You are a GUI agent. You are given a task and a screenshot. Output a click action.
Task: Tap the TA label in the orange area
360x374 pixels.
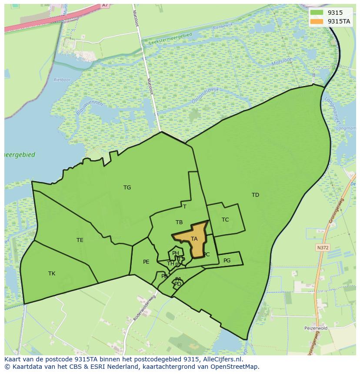coord(194,239)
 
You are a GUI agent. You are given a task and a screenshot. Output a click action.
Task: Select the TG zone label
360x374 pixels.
coord(127,188)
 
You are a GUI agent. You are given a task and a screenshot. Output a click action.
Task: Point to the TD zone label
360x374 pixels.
coord(255,195)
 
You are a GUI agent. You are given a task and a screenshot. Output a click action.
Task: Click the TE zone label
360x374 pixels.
coord(80,240)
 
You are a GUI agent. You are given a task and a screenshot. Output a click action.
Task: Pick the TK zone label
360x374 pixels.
coord(52,274)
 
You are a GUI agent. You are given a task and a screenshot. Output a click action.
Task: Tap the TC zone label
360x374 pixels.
coord(225,220)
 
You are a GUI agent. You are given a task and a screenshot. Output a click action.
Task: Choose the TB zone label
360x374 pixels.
coord(179,222)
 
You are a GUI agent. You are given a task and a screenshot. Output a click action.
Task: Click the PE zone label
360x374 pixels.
coord(146,262)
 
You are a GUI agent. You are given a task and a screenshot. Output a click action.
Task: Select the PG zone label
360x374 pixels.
coord(227,261)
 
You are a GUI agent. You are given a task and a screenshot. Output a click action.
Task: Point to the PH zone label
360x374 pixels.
coord(176,253)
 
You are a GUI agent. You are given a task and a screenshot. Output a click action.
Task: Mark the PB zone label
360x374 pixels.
coord(164,276)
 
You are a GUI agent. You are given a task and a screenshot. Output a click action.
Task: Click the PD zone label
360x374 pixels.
coord(177,284)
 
